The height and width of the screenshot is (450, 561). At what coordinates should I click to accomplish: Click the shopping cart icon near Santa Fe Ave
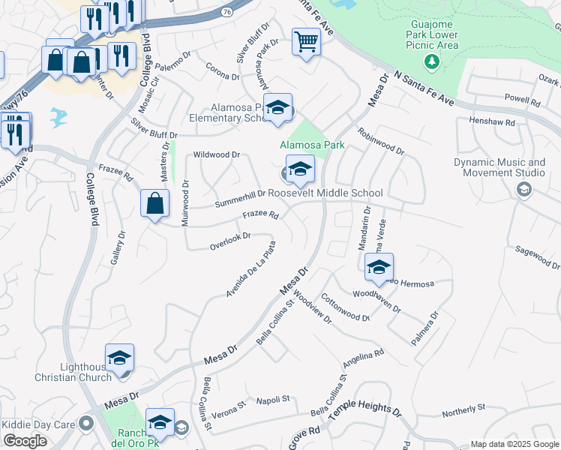pos(306,41)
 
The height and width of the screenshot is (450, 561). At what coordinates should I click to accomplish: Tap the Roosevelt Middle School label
pos(325,193)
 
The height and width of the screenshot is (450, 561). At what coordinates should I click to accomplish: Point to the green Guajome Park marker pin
pos(430,61)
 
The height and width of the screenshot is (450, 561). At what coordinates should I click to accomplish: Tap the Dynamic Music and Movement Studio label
pos(499,167)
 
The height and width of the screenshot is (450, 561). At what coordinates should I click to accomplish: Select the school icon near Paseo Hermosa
pos(379,267)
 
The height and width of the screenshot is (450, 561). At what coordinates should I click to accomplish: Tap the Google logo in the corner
pos(25,441)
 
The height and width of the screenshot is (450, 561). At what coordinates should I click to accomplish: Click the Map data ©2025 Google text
pos(514,444)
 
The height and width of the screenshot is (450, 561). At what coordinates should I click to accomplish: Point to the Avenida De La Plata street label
pos(251,268)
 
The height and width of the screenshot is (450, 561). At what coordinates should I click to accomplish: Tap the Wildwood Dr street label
pos(216,154)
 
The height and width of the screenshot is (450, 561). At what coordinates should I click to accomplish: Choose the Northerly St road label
pos(463,409)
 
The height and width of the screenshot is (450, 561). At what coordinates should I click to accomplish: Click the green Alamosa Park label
pos(311,145)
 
